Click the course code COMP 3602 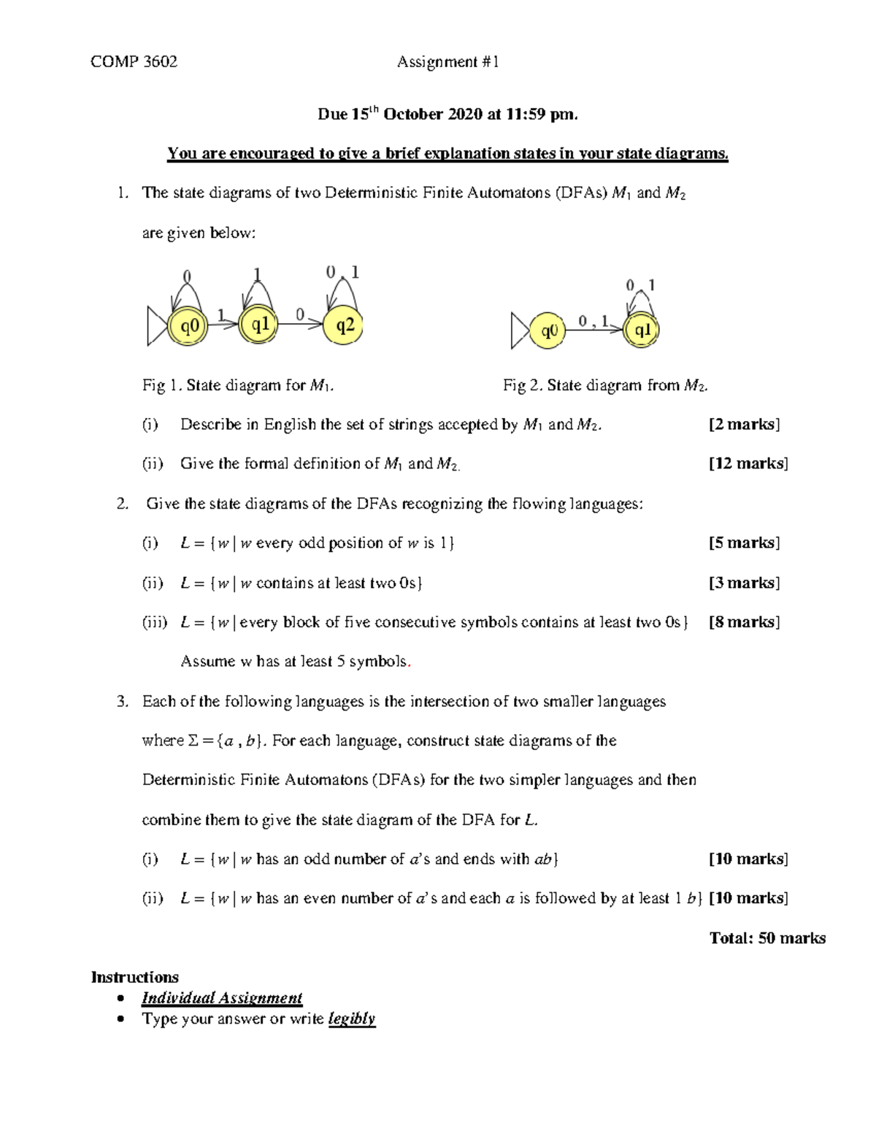point(134,61)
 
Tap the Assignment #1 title point(447,62)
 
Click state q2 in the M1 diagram point(344,325)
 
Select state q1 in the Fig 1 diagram point(260,325)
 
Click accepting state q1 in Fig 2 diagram point(642,330)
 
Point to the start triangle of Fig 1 point(156,326)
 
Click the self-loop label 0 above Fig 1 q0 point(187,277)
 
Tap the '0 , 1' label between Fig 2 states point(593,321)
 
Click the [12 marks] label point(748,463)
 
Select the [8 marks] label point(744,622)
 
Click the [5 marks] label point(744,543)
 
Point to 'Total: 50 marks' point(767,938)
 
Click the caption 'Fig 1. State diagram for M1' point(238,385)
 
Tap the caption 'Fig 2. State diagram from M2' point(605,385)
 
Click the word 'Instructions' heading point(134,977)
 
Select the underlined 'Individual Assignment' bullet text point(222,998)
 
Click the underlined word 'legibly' point(352,1018)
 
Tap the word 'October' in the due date point(413,115)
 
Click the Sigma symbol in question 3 point(193,740)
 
